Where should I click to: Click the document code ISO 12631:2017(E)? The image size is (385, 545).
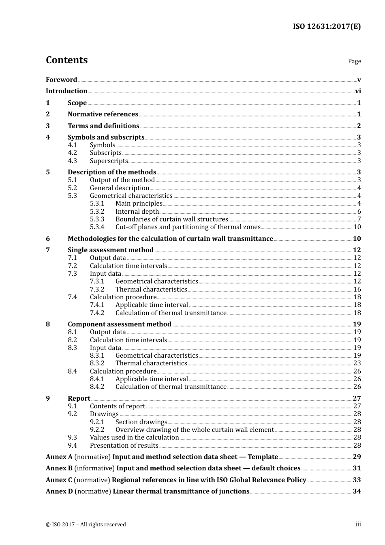[327, 26]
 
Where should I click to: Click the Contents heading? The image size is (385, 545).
[66, 60]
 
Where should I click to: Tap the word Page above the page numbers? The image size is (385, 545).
[354, 61]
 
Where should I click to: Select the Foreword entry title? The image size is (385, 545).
[61, 80]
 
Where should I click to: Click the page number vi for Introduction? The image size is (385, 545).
[358, 91]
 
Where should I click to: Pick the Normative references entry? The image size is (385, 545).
[103, 114]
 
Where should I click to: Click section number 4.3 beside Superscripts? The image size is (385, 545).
[73, 161]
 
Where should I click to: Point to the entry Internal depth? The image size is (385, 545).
[137, 212]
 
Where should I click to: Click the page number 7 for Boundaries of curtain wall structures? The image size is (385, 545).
[359, 219]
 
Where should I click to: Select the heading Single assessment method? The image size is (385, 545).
[111, 250]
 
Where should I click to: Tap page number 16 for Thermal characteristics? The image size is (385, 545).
[357, 290]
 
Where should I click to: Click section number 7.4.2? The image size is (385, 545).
[97, 313]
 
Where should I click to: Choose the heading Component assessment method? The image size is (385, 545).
[120, 324]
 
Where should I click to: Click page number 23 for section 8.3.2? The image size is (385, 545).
[357, 363]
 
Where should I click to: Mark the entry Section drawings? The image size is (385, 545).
[141, 422]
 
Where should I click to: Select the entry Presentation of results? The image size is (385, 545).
[124, 446]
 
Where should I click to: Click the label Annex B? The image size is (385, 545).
[59, 468]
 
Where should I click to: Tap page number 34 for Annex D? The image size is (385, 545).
[357, 491]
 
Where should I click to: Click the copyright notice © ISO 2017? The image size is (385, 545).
[86, 525]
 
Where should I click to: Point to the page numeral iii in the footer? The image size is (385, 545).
[358, 524]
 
